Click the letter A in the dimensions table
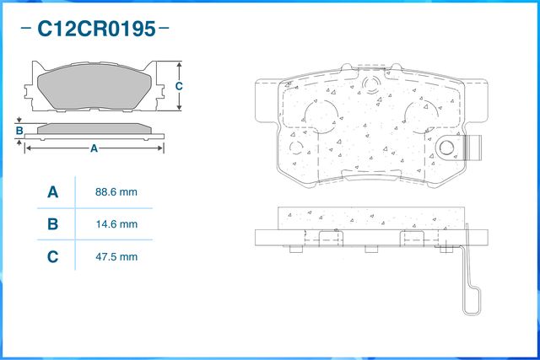click(x=52, y=192)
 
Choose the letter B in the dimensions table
click(x=52, y=224)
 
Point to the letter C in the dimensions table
click(x=52, y=256)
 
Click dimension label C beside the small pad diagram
click(x=179, y=87)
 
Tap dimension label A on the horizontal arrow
click(x=94, y=148)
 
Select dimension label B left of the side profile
click(x=19, y=131)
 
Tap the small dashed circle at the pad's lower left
click(x=297, y=148)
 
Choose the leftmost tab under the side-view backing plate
click(x=295, y=249)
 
